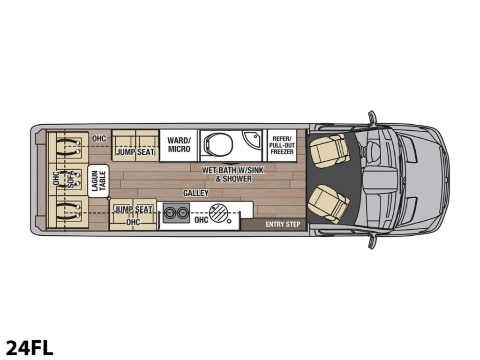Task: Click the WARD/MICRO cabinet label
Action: click(179, 145)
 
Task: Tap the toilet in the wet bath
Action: click(218, 144)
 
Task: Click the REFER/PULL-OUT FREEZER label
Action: click(282, 145)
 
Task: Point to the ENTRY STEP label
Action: click(283, 225)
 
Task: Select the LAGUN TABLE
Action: click(98, 181)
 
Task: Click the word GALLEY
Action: click(196, 193)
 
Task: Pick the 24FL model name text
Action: click(30, 348)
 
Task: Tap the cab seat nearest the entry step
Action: click(329, 203)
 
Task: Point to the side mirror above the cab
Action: click(372, 117)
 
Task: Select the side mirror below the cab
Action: click(372, 241)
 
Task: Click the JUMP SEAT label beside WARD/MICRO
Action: click(135, 152)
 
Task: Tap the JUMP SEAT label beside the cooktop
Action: click(134, 210)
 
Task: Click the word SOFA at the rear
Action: click(71, 180)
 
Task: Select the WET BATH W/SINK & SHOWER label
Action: click(232, 174)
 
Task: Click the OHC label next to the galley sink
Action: click(201, 219)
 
